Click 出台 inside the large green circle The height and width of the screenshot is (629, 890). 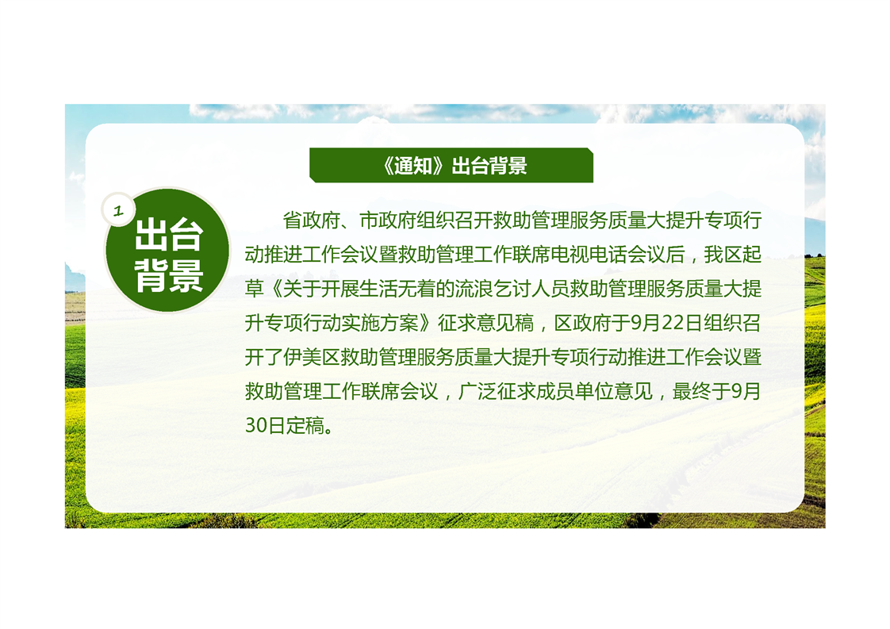pos(169,235)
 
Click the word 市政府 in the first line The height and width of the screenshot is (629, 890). pos(388,221)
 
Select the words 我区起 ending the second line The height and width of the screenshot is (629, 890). pos(733,255)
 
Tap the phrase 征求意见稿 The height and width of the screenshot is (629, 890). pos(486,323)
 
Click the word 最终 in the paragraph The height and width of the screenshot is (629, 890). pos(692,391)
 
